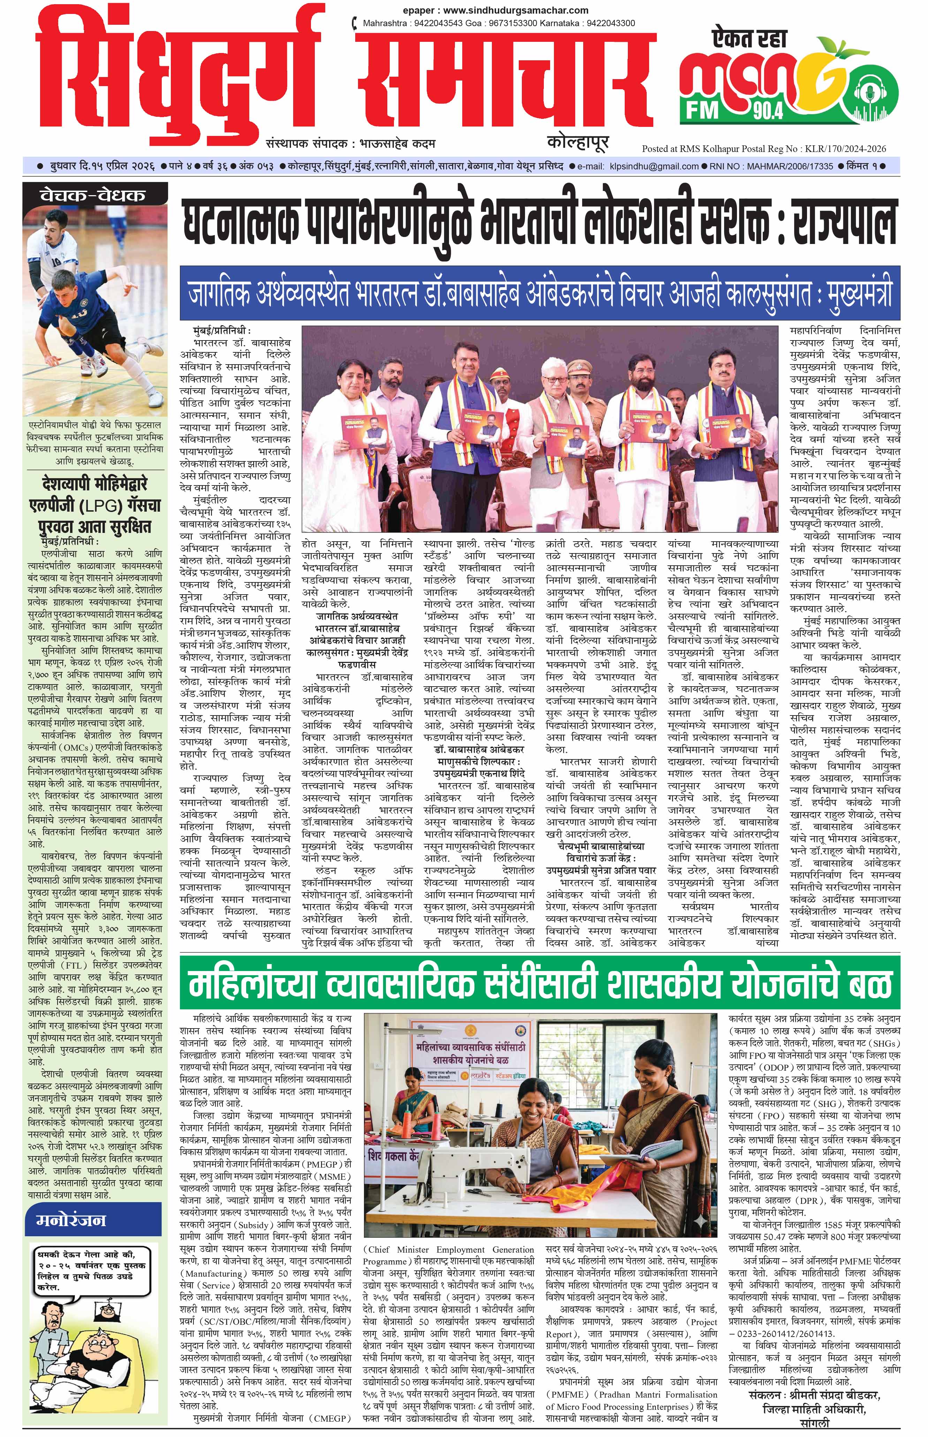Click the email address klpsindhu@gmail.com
(x=654, y=166)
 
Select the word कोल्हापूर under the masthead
(x=578, y=142)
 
